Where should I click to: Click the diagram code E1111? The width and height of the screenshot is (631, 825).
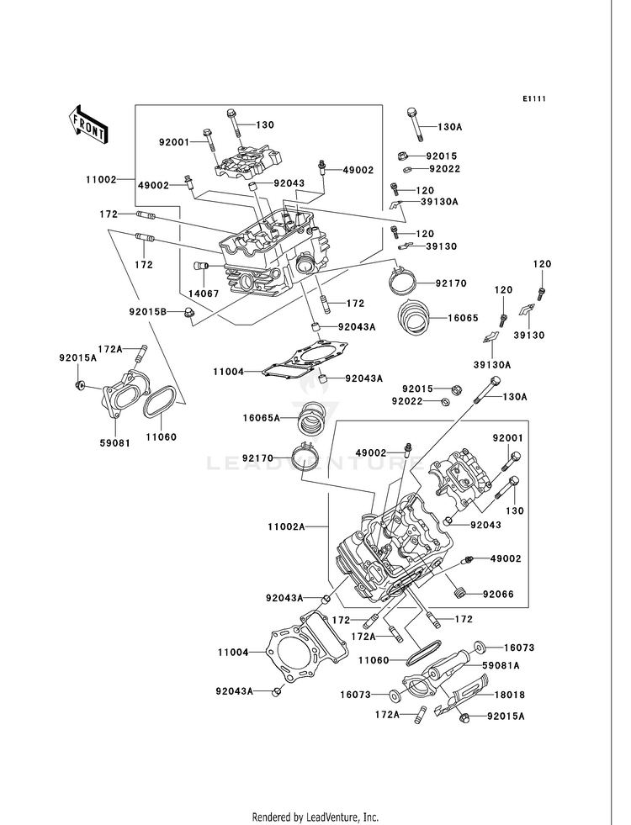click(533, 98)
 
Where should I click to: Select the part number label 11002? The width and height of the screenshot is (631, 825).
click(101, 179)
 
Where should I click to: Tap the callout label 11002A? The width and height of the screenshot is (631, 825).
click(286, 526)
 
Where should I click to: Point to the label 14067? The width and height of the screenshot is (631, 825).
click(204, 294)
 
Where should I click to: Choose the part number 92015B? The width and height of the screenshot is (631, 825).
click(148, 312)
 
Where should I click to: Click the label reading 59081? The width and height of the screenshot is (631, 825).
click(114, 443)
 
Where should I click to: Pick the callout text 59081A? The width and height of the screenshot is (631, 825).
click(501, 665)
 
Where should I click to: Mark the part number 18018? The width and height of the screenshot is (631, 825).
click(510, 695)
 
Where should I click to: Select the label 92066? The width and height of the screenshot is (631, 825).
click(498, 595)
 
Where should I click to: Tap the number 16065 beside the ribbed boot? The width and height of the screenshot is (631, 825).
click(463, 319)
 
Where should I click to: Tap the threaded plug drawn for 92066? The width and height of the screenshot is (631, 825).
click(460, 594)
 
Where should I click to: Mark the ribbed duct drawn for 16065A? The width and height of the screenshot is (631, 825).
click(311, 418)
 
